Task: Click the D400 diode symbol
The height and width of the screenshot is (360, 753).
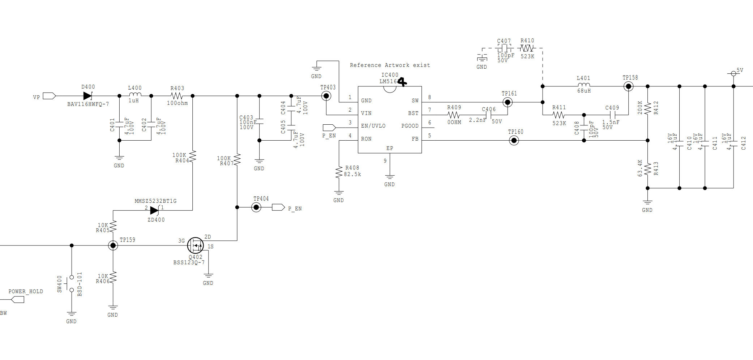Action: (x=88, y=96)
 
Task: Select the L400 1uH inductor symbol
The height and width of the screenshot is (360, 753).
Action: (x=135, y=95)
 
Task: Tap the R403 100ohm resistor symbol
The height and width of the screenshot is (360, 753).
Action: (x=177, y=96)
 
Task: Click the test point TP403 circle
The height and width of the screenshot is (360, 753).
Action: (x=326, y=96)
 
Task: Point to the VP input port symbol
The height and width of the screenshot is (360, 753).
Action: (x=49, y=96)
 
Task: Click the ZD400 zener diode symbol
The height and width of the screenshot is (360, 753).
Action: (x=155, y=210)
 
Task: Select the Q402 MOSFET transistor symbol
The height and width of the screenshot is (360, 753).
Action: (x=196, y=245)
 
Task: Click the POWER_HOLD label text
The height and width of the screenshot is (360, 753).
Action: (x=26, y=291)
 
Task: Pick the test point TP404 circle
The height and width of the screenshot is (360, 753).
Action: (x=256, y=207)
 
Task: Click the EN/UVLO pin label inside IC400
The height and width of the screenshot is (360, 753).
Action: (x=373, y=126)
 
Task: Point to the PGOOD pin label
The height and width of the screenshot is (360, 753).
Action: (x=410, y=126)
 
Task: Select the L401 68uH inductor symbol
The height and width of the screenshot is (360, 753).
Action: (x=583, y=85)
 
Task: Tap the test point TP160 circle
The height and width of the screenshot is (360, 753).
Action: (x=514, y=140)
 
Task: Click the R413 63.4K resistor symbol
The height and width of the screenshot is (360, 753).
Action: (x=647, y=168)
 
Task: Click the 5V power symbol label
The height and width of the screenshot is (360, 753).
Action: (x=740, y=70)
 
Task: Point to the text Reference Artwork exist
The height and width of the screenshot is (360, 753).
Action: (x=390, y=65)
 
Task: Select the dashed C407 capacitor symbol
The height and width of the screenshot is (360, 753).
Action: (x=504, y=48)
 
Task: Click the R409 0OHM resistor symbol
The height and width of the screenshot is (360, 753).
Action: (x=453, y=115)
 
